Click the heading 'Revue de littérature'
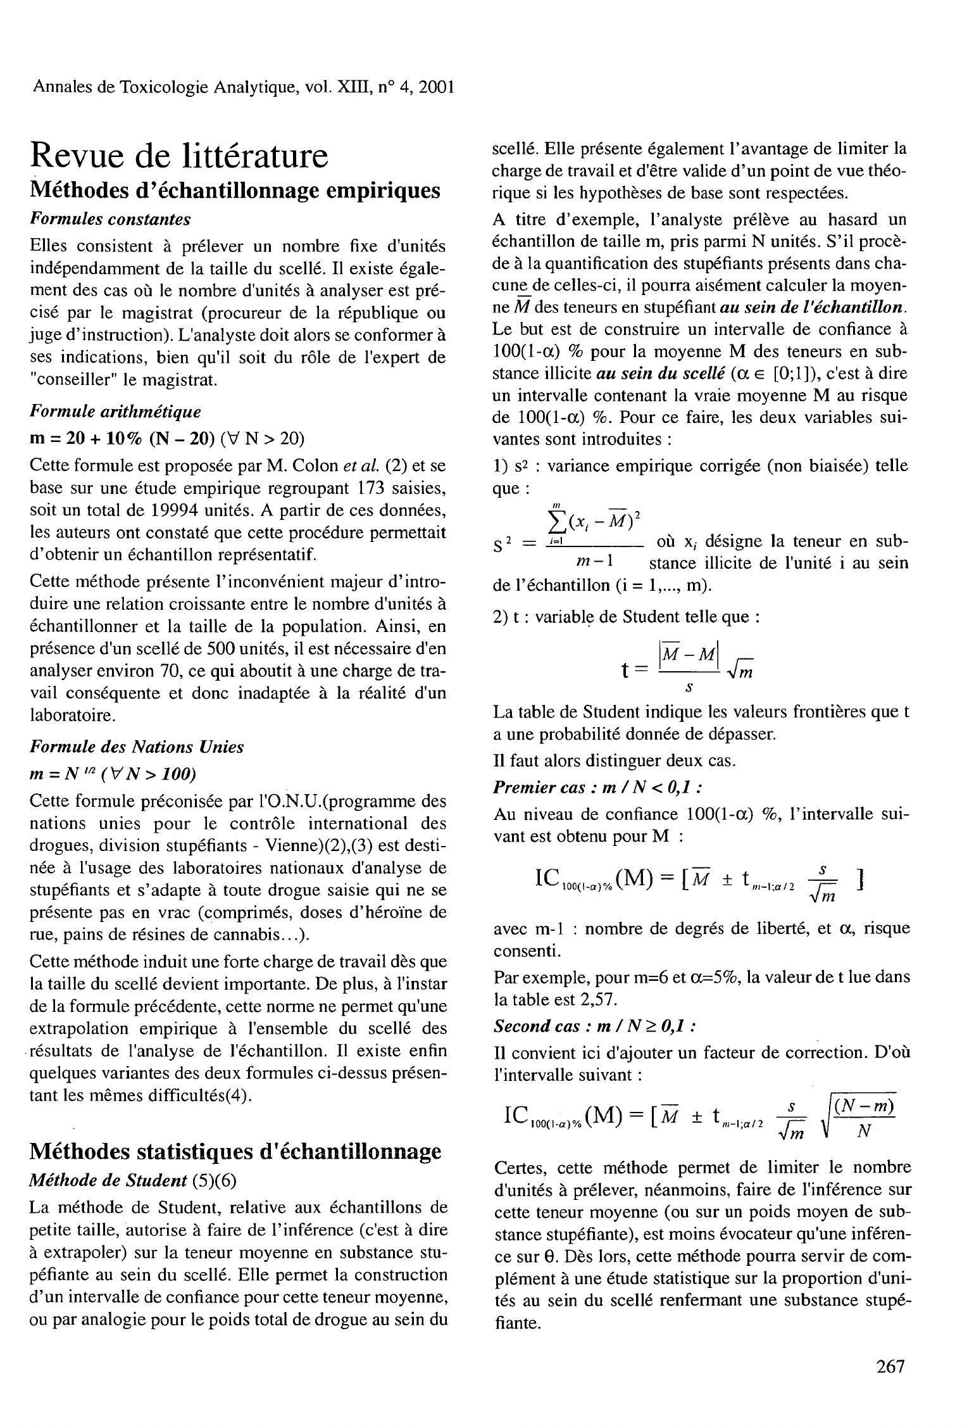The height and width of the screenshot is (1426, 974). pyautogui.click(x=180, y=155)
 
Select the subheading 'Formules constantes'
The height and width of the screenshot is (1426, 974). pyautogui.click(x=110, y=219)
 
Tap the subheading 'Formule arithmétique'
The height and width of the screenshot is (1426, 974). pyautogui.click(x=115, y=412)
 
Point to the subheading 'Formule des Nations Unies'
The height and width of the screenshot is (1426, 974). pyautogui.click(x=137, y=747)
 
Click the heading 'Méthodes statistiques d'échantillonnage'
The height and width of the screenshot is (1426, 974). pyautogui.click(x=235, y=1151)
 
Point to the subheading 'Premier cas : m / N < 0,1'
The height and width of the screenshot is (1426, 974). pyautogui.click(x=597, y=787)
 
